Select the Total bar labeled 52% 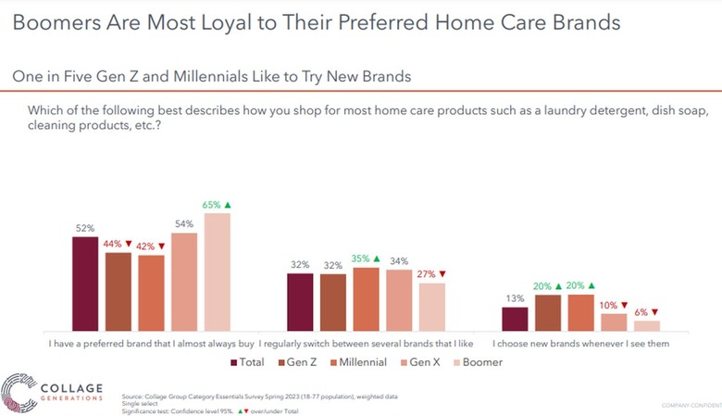(84, 284)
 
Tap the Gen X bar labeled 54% (184, 282)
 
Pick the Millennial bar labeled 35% (366, 299)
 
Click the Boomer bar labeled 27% (432, 307)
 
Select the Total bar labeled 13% (515, 319)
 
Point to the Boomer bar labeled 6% (647, 325)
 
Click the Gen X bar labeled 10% (614, 321)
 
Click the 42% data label (146, 246)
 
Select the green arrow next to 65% (229, 204)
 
